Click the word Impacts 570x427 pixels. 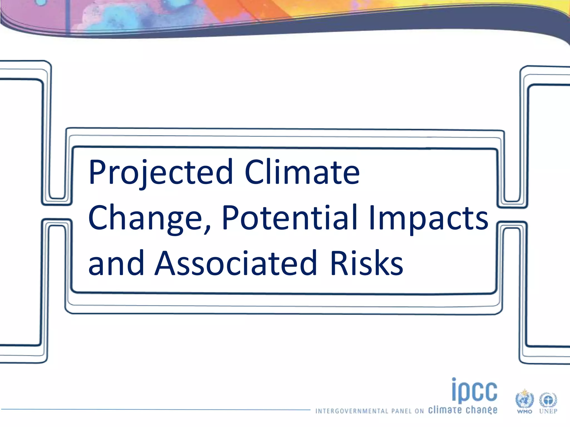click(429, 218)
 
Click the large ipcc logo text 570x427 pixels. click(475, 391)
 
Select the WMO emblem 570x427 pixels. click(524, 399)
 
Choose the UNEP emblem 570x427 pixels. click(548, 400)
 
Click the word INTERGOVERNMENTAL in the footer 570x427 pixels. click(352, 411)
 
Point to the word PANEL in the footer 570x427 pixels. click(401, 411)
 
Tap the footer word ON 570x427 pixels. click(419, 411)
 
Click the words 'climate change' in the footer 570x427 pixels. click(463, 410)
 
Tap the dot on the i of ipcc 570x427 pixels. click(454, 379)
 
